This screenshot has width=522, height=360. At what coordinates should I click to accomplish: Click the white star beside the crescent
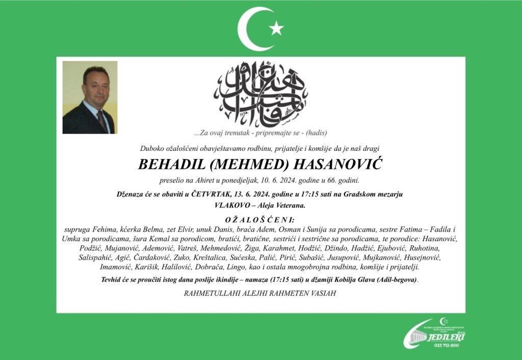(277, 28)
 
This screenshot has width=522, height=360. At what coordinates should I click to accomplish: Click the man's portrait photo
(90, 97)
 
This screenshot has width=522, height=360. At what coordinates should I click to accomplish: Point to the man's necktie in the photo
(102, 121)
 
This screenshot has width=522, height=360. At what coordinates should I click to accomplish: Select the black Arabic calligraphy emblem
(260, 94)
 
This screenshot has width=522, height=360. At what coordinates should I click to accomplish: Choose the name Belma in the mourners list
(151, 230)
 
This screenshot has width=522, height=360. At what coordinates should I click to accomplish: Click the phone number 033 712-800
(447, 345)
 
